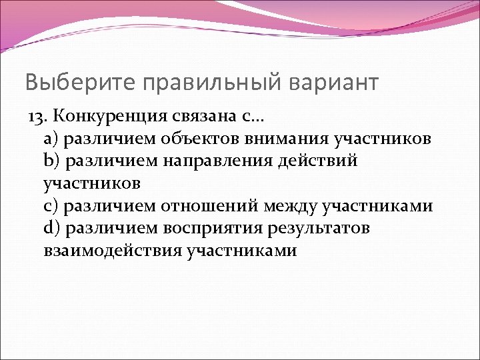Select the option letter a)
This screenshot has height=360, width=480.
[x=51, y=139]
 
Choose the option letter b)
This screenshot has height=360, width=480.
[x=51, y=161]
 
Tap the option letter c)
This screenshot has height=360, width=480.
[x=51, y=206]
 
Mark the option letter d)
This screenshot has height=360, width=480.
[x=51, y=229]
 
